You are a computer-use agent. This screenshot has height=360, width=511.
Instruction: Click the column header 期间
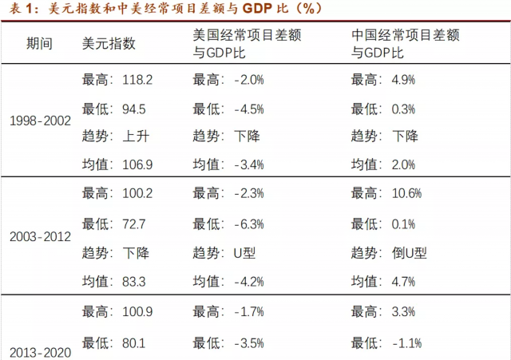click(x=39, y=44)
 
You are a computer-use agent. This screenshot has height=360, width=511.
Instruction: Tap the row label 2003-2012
click(x=40, y=237)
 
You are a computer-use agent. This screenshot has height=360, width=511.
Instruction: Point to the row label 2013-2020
click(x=40, y=352)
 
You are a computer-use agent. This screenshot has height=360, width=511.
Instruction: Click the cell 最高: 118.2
click(x=117, y=79)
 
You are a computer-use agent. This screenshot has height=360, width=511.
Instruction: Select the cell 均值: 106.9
click(x=117, y=165)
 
